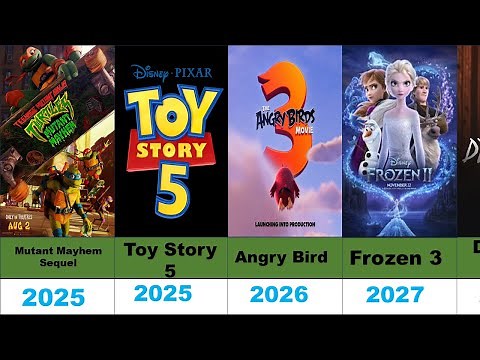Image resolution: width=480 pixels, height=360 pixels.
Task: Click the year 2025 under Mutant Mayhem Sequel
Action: point(56,298)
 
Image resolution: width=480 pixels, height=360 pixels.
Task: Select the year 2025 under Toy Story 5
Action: point(170,294)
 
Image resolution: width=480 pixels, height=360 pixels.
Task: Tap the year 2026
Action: point(285,294)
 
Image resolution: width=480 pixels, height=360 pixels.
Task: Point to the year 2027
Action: point(399,294)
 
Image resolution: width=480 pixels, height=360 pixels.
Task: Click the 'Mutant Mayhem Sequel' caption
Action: point(56,258)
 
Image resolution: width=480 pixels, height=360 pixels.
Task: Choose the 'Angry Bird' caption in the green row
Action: point(284,258)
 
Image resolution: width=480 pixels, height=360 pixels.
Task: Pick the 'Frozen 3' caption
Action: point(398,258)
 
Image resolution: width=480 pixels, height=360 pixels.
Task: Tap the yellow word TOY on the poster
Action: point(169,107)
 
